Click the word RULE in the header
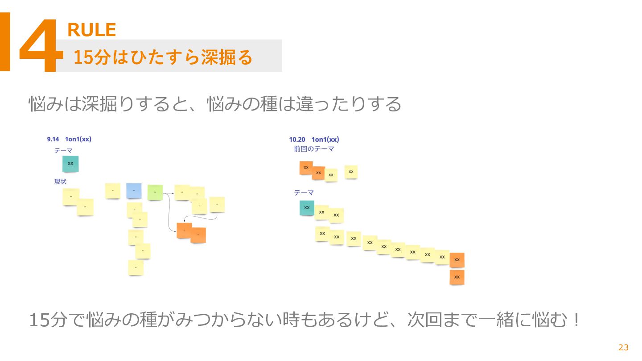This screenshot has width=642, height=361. [91, 30]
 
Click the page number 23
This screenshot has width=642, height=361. [623, 348]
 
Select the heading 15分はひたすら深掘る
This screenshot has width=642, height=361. [163, 57]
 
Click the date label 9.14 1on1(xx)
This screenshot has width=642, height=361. [69, 139]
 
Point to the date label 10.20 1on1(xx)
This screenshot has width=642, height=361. [314, 139]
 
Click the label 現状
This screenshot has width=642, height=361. [60, 181]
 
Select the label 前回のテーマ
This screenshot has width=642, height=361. [314, 149]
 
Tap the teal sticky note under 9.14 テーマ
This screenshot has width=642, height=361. [70, 164]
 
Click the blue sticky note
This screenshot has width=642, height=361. [134, 191]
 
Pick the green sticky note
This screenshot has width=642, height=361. [155, 192]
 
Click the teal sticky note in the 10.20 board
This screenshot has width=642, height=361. [307, 208]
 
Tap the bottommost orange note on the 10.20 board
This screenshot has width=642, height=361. [457, 277]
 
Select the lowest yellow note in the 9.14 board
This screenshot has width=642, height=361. [136, 267]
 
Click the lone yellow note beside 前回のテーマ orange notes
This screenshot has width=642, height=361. [351, 172]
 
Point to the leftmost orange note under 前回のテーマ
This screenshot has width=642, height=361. [306, 168]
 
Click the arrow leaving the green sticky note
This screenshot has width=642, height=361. [168, 193]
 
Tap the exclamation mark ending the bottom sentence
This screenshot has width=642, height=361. [576, 320]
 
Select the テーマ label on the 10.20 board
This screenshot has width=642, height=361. [304, 193]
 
